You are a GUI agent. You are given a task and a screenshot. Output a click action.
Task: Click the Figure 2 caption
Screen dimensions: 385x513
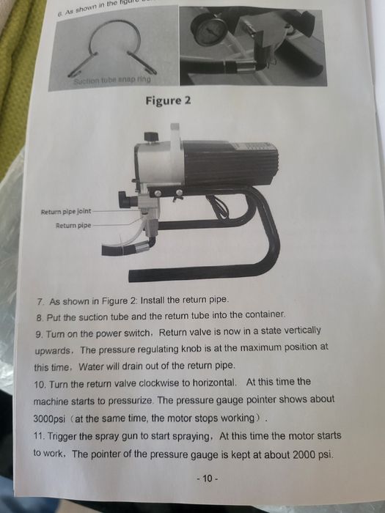[x=168, y=100]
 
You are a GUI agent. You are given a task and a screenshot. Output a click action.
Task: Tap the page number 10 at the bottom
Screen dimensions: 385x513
[x=208, y=479]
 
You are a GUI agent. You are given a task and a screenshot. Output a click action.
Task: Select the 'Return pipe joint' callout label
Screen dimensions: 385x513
[x=66, y=212]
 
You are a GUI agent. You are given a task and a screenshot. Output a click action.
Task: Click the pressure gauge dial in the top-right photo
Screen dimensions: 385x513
[x=209, y=31]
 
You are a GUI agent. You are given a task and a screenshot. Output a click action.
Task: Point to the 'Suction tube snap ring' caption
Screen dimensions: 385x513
[x=112, y=79]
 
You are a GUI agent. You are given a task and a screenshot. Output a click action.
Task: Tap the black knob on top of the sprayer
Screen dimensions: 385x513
[x=151, y=136]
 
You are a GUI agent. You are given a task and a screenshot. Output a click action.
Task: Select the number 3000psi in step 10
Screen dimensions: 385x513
[x=49, y=418]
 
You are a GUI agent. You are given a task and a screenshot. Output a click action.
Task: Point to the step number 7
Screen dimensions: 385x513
[x=40, y=301]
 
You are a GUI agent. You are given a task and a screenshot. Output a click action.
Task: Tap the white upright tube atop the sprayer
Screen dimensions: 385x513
[x=175, y=138]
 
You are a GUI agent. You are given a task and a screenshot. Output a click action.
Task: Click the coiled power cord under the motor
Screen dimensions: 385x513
[x=217, y=206]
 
